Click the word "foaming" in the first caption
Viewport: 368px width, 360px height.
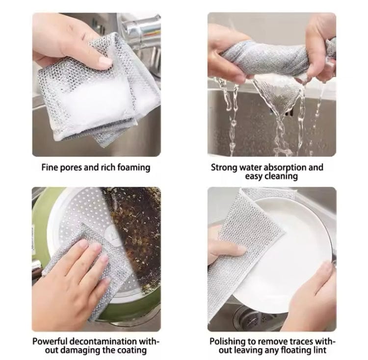click(132, 167)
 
